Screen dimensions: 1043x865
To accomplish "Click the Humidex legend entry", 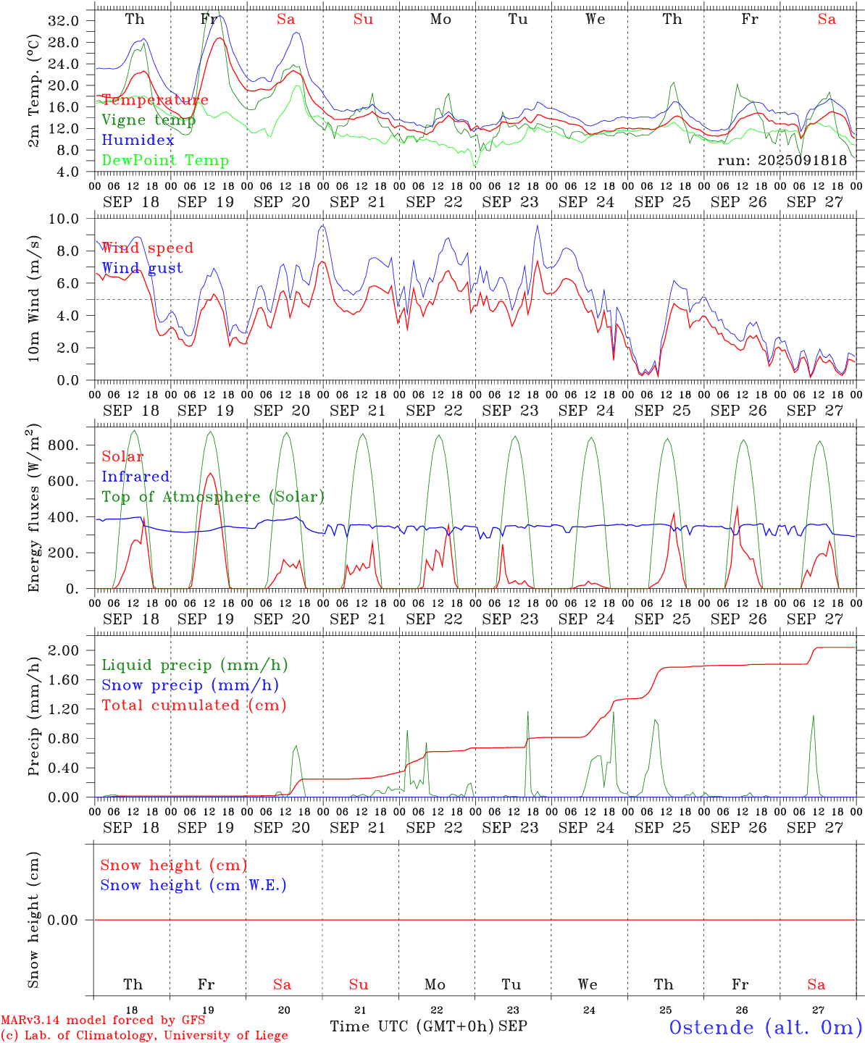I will [138, 141].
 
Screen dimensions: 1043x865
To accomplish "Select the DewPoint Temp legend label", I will [165, 161].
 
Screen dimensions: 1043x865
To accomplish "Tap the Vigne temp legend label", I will [149, 120].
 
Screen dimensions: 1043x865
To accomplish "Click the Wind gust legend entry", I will [142, 268].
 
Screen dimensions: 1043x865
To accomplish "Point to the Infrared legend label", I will [135, 477].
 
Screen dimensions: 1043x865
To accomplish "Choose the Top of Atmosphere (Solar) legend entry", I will [213, 497].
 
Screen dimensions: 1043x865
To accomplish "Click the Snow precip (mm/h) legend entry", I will [190, 685].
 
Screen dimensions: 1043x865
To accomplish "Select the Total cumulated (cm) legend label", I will [193, 705].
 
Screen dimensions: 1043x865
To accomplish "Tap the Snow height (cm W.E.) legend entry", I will [193, 885].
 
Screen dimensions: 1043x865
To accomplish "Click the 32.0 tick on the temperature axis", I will [63, 21].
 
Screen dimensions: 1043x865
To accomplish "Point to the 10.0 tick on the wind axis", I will [63, 219].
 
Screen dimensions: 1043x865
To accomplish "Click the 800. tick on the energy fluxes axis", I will [63, 445].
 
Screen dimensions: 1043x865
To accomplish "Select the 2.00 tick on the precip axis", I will [63, 650].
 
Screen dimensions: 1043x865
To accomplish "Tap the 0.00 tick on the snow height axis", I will [63, 920].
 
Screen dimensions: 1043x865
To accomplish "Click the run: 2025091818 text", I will [782, 161].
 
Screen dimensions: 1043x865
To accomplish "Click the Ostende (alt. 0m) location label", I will [766, 1027].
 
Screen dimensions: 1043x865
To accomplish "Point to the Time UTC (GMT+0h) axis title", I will [411, 1026].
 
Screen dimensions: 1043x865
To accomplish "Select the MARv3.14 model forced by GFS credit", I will [103, 1020].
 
